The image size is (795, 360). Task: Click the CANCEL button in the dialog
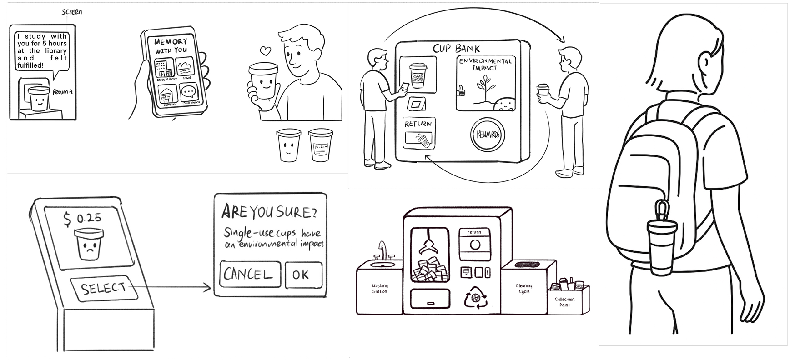click(250, 274)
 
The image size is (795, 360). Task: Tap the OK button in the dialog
click(303, 275)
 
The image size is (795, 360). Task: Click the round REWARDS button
click(488, 134)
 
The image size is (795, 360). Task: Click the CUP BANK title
click(456, 48)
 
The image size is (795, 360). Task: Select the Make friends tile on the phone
click(190, 94)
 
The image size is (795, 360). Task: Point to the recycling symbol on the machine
click(475, 299)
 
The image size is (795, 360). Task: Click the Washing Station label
click(379, 289)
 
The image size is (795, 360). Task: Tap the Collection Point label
click(564, 302)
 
